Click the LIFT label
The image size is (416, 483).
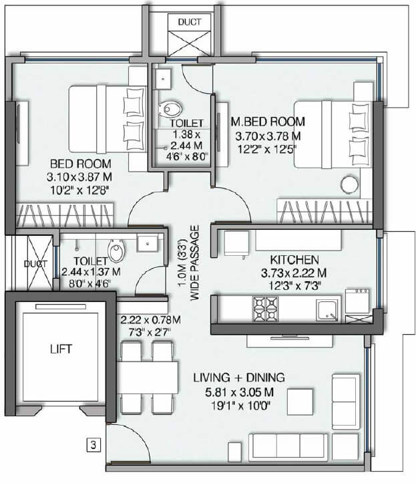(59, 349)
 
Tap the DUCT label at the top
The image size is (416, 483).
(189, 22)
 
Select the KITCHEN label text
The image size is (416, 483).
(294, 259)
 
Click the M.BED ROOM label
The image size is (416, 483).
(268, 122)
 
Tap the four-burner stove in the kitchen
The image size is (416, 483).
(264, 309)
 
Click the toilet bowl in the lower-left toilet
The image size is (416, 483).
(118, 252)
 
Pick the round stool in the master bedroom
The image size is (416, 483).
(349, 185)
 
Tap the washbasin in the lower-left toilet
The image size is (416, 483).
(146, 244)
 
